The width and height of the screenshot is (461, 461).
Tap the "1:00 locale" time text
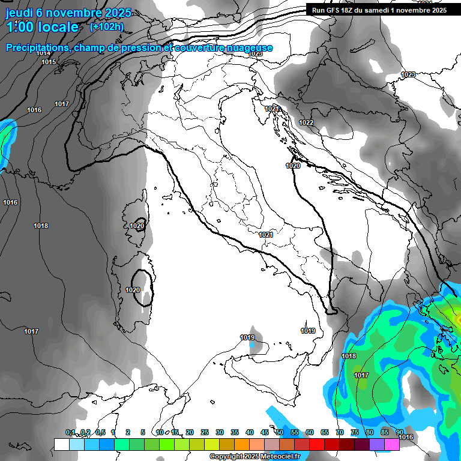click(x=42, y=28)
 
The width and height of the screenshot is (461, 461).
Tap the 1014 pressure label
click(x=43, y=53)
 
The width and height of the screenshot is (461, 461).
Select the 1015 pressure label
click(x=49, y=62)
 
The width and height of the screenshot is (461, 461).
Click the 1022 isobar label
click(x=306, y=122)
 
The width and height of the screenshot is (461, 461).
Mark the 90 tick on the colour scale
click(x=400, y=432)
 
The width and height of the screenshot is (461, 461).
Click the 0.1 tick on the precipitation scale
click(x=70, y=432)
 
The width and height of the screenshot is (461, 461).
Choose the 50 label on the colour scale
click(x=280, y=432)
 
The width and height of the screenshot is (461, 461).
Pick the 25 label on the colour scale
click(x=205, y=432)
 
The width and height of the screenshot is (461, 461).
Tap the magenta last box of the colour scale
click(x=392, y=444)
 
